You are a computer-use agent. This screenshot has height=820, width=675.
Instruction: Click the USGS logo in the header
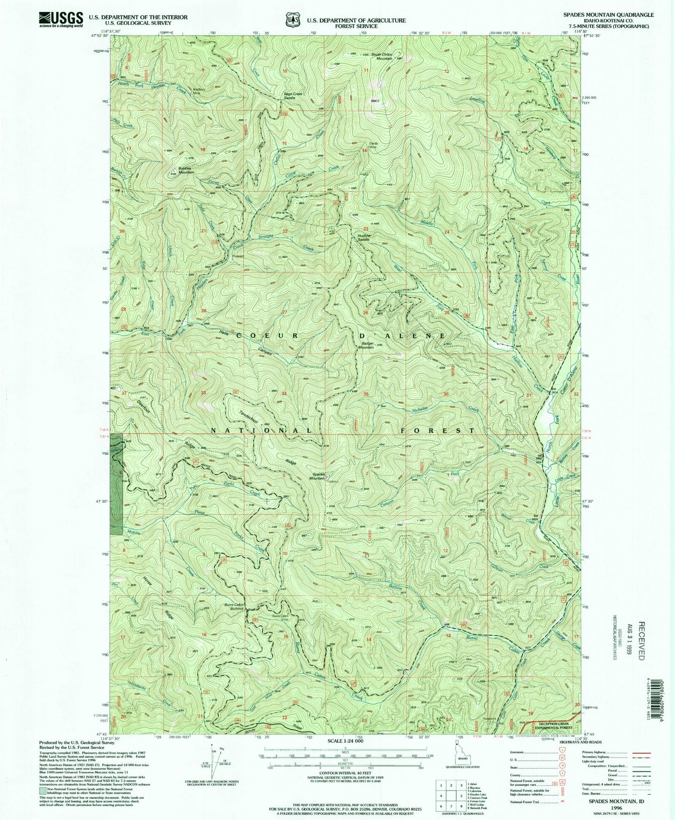[61, 20]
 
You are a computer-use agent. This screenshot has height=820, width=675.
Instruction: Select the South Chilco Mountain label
[378, 56]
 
